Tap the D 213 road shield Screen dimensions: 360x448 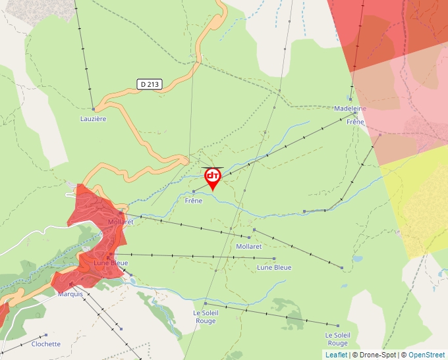pos(150,84)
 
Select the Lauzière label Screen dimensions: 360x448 pos(93,119)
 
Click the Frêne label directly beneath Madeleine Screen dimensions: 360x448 pos(355,122)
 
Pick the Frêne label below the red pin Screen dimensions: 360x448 pos(193,201)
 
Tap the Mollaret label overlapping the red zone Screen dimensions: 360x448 pos(121,222)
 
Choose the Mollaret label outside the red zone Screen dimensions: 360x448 pos(248,246)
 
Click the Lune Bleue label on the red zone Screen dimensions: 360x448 pos(111,263)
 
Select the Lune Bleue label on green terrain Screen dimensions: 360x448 pos(274,267)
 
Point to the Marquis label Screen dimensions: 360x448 pos(70,294)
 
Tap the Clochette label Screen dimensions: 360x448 pos(46,344)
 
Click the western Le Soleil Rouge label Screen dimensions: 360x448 pos(204,317)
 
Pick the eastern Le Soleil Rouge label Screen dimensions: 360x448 pos(337,339)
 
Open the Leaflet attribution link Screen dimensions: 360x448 pos(336,355)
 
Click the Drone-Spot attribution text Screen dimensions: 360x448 pos(377,355)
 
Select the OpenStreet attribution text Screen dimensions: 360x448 pos(427,355)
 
